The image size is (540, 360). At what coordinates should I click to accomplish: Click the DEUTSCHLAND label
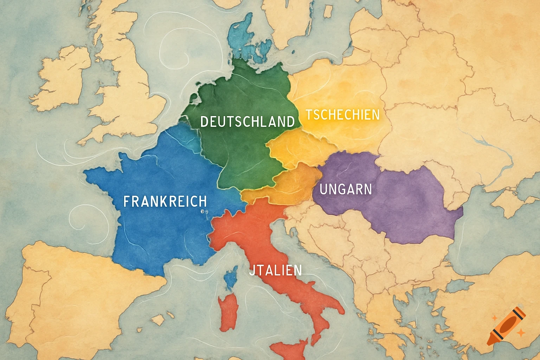(247, 122)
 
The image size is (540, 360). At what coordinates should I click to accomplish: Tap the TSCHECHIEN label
(342, 115)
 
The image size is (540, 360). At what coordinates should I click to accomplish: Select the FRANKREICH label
(165, 201)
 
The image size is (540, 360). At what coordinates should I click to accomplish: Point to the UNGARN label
(346, 189)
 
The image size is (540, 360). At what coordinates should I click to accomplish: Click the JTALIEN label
(275, 270)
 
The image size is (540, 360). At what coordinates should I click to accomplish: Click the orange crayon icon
(506, 326)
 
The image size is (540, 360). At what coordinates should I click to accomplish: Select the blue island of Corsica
(231, 278)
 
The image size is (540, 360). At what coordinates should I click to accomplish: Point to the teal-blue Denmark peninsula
(243, 39)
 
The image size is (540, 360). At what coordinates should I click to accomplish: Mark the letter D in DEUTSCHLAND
(204, 122)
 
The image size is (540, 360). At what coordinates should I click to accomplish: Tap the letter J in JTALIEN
(252, 270)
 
